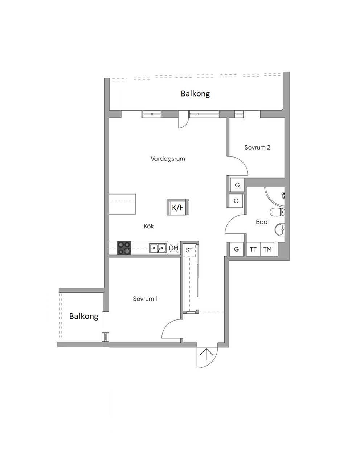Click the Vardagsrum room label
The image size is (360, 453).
(x=168, y=159)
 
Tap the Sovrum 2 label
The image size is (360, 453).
(x=257, y=147)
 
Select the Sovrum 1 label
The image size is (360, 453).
(x=145, y=299)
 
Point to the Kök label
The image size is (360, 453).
(x=148, y=226)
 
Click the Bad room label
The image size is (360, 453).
(x=262, y=222)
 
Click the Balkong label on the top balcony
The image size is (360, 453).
(x=195, y=94)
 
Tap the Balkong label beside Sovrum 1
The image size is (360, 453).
(x=84, y=316)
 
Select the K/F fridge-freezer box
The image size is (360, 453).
(x=177, y=207)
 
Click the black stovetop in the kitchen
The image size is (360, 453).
(x=124, y=248)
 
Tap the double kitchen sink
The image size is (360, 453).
(x=158, y=248)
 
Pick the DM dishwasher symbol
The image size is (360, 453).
(x=174, y=248)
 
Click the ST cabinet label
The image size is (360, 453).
(x=189, y=250)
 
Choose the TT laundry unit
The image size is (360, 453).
(x=253, y=249)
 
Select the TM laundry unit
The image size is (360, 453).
(x=267, y=249)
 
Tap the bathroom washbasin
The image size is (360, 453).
(x=279, y=229)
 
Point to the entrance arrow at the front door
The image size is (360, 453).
(x=206, y=355)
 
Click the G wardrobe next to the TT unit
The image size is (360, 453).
(x=236, y=249)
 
